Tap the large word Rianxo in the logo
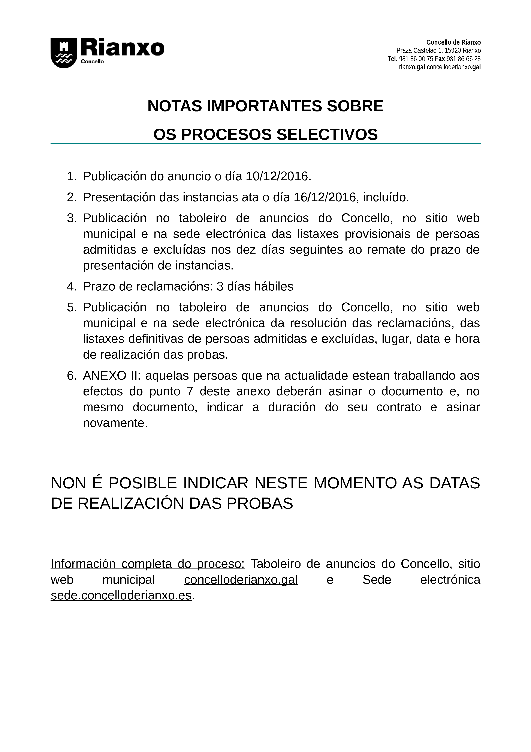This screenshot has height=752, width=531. tap(122, 48)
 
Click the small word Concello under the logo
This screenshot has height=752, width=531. tap(92, 62)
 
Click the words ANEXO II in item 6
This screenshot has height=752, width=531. tap(111, 376)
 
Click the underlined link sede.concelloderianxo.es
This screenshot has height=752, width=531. tap(121, 596)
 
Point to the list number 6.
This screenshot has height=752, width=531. tap(71, 376)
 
